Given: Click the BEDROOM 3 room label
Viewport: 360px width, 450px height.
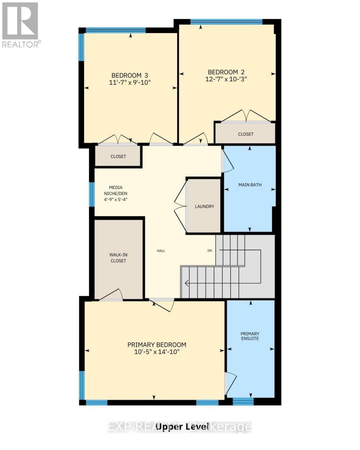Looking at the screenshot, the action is click(129, 75).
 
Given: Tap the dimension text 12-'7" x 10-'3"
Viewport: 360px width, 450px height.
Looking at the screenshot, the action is click(226, 79).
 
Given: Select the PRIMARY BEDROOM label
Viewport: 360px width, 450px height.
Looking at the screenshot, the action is click(157, 345).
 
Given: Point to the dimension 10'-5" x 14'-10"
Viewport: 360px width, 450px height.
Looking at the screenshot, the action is click(157, 352).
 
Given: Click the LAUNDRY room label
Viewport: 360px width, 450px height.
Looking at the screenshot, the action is click(204, 206).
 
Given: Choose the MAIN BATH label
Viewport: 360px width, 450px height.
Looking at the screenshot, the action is click(250, 184).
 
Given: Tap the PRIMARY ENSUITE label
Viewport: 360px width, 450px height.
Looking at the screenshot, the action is click(250, 336).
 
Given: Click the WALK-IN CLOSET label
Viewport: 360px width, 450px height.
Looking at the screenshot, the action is click(118, 258).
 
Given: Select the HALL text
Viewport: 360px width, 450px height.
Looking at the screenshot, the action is click(161, 251).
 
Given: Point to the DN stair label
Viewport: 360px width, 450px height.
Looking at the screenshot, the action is click(209, 250).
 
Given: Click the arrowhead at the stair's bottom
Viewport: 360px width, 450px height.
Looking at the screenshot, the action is click(186, 283).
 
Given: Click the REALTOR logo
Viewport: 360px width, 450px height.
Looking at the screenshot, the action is click(20, 25).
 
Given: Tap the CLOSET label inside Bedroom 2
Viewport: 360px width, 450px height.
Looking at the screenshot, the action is click(246, 134).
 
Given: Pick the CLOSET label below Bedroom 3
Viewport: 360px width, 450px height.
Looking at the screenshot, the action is click(118, 156).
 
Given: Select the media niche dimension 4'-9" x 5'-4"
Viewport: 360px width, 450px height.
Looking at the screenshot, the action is click(115, 199).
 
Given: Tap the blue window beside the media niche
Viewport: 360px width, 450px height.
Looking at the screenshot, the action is click(92, 194).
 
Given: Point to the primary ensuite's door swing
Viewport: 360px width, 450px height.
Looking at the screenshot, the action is click(231, 384).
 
